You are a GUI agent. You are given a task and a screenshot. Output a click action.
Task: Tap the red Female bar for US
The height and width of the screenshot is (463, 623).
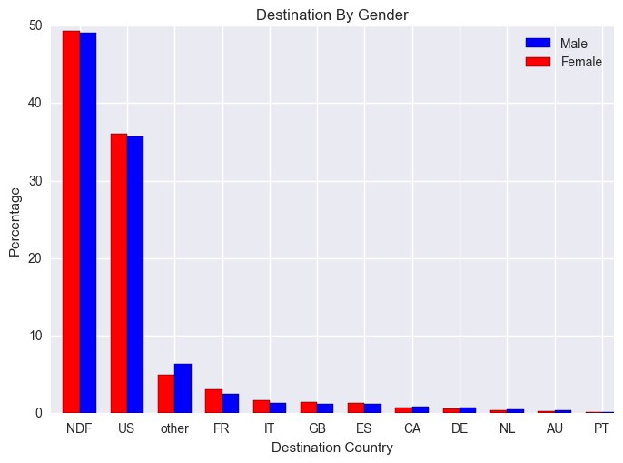tap(118, 273)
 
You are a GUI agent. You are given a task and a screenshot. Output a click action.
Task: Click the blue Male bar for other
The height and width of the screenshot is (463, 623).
tap(183, 388)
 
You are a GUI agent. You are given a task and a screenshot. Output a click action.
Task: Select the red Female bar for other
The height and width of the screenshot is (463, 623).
tap(166, 394)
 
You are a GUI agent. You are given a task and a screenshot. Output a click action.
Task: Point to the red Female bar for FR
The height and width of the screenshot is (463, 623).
tap(213, 401)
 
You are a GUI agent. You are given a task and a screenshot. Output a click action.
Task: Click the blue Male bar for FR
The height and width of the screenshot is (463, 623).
tap(231, 403)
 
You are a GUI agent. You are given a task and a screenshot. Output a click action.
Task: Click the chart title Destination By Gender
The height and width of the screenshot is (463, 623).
tap(331, 15)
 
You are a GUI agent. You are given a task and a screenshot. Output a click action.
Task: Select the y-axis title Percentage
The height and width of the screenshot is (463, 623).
tap(15, 221)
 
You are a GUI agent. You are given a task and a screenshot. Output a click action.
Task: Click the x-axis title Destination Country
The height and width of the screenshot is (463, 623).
tap(331, 448)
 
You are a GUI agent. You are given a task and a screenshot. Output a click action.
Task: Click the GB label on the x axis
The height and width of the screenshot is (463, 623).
tap(317, 428)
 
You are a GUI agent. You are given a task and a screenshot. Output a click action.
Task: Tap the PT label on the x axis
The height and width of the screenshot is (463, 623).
tap(601, 428)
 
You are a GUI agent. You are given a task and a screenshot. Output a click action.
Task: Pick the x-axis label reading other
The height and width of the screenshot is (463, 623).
tap(174, 428)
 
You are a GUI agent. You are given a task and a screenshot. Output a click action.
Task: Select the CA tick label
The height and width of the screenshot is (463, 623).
tap(411, 428)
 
